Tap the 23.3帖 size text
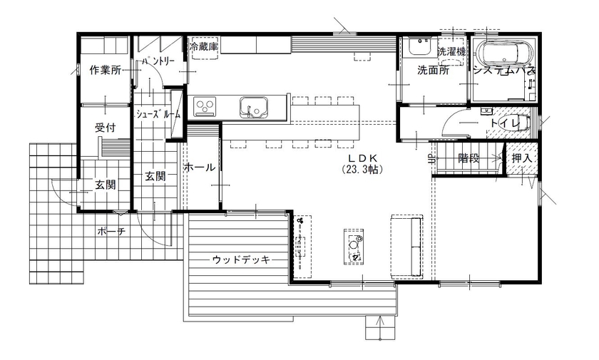tap(363, 170)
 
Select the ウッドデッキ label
tap(242, 259)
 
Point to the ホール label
tap(200, 168)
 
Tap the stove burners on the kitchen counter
tap(205, 108)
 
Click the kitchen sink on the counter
tap(252, 108)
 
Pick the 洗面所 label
tap(433, 70)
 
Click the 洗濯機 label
tap(451, 51)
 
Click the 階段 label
tap(469, 158)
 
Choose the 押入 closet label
tap(521, 158)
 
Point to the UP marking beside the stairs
tap(430, 159)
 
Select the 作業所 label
tap(105, 70)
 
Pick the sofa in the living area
tap(404, 244)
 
